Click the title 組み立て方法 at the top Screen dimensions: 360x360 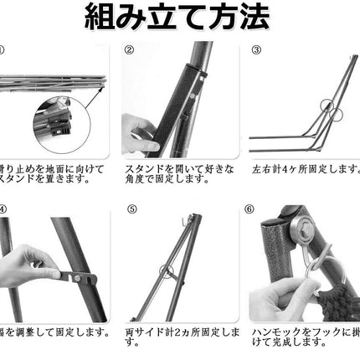pos(180,18)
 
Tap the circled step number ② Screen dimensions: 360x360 pos(130,49)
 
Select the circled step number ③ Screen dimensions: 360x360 pos(255,49)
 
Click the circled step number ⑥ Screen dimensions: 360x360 pos(255,209)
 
